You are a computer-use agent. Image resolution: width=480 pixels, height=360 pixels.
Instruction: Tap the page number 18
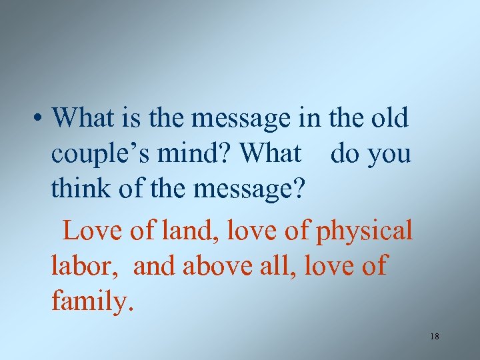435,337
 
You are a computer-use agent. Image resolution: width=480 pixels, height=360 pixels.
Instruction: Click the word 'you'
389,155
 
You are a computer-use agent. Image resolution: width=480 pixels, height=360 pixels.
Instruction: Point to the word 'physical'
364,231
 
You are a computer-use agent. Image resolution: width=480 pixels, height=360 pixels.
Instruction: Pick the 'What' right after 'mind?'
270,154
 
